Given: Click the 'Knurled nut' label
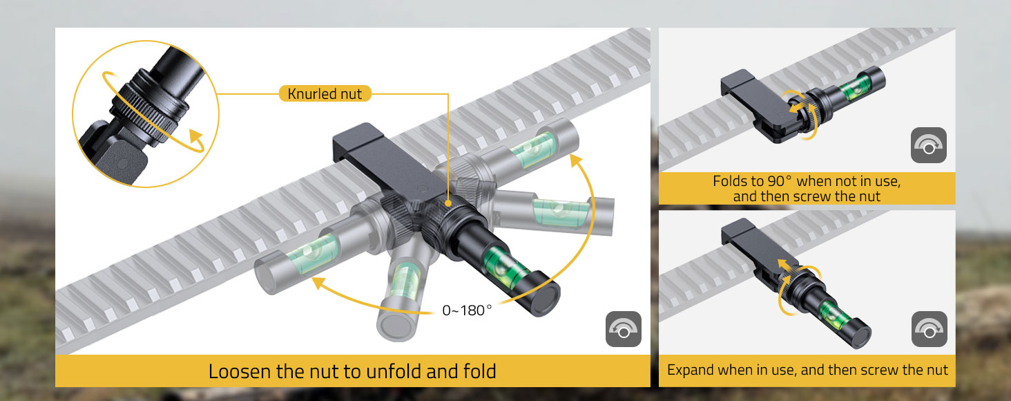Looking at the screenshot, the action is point(325,93).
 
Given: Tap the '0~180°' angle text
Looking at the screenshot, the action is point(467,310).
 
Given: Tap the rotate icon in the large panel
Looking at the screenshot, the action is point(624,329).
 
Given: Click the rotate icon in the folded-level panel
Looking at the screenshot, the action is point(928,145).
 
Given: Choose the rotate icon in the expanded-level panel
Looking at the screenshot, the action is point(930,329).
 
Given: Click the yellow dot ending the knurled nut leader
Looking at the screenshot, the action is point(447,204).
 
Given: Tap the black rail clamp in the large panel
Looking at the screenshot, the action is point(388,162).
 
